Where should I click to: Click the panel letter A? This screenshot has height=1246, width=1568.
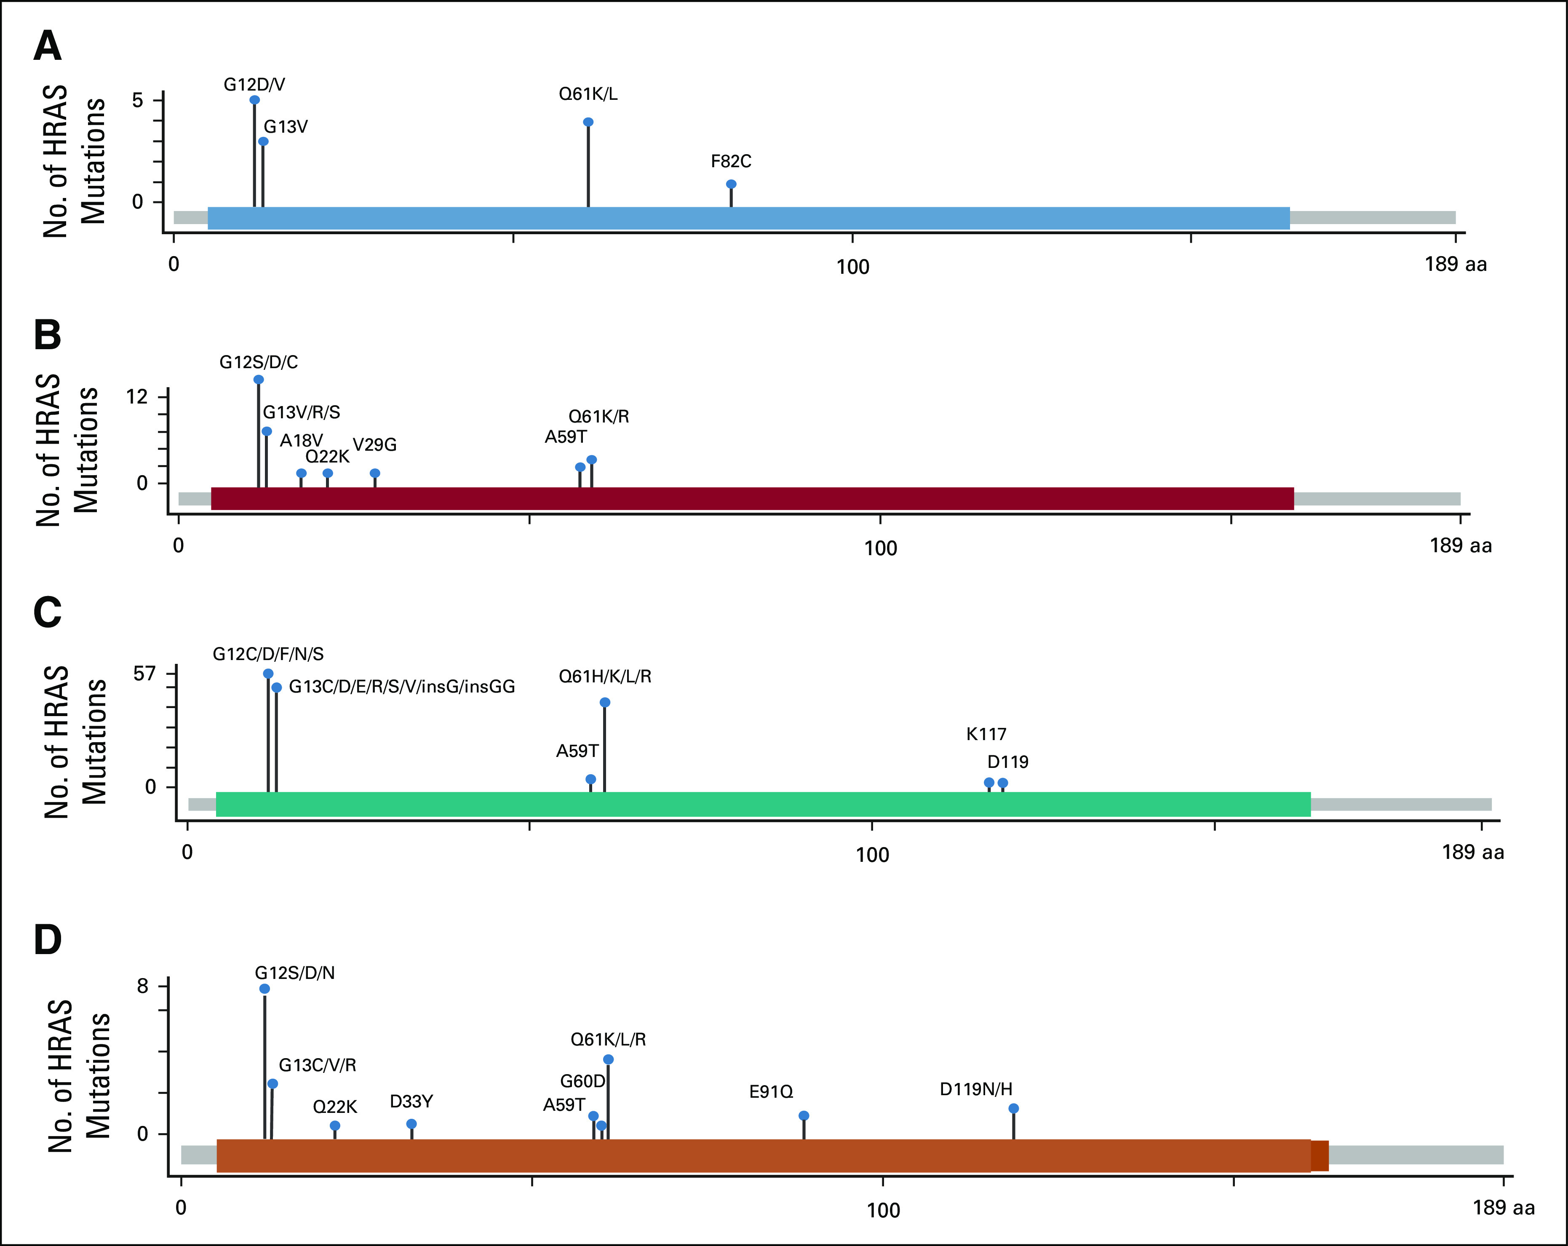pos(48,47)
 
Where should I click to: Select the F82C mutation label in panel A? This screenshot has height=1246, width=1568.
pos(731,161)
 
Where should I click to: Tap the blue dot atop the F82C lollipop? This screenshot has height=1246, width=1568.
pos(731,184)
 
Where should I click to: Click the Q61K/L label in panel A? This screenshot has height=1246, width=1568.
pos(588,94)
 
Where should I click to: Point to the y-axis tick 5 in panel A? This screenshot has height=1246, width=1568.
pos(137,100)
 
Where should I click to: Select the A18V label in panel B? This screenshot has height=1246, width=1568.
pos(301,441)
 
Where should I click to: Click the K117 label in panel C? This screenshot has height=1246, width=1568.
pos(986,734)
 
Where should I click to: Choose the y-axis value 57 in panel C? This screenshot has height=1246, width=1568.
pos(145,674)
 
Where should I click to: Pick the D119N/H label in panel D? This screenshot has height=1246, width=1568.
pos(976,1089)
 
